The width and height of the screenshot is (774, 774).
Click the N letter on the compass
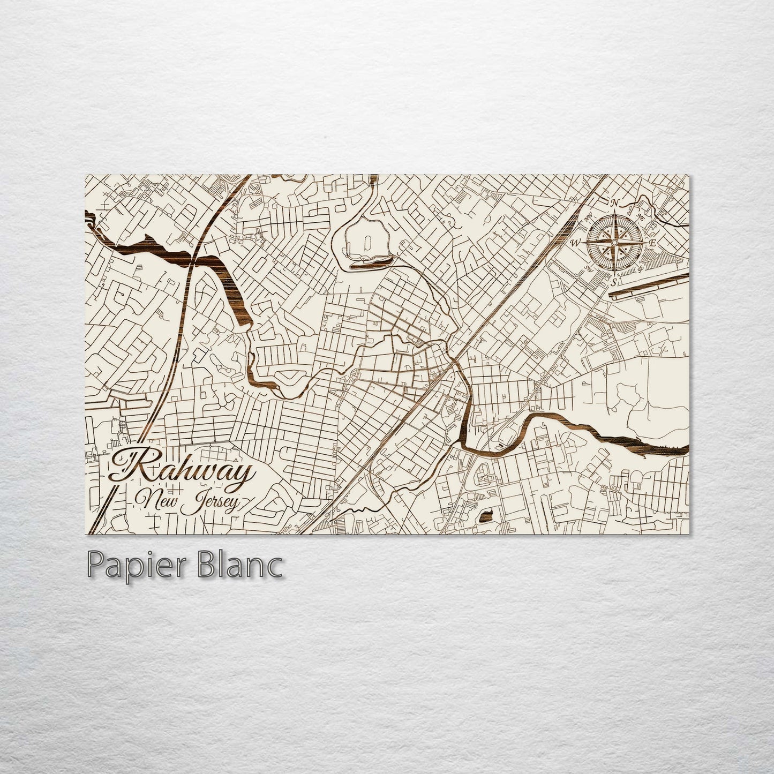click(615, 203)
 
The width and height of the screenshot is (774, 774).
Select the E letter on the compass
click(652, 243)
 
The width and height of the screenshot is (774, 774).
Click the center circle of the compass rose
click(615, 242)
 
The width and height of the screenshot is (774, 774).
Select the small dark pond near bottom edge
click(486, 517)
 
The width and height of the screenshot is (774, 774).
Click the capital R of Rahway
click(135, 466)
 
